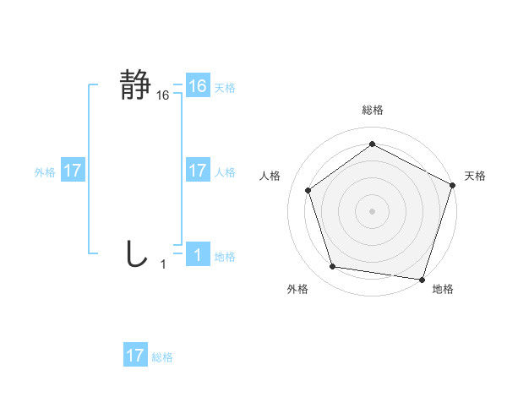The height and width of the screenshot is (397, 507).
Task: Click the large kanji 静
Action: (x=136, y=85)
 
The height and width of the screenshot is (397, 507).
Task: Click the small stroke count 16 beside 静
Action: (x=163, y=96)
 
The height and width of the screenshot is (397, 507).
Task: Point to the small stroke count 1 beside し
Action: (x=163, y=265)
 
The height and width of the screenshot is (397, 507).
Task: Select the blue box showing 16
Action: (x=198, y=86)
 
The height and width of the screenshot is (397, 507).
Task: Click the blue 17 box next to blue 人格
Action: (x=198, y=171)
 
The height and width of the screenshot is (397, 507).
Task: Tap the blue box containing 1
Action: (x=198, y=255)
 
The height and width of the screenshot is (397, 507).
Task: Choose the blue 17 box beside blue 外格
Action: (x=73, y=171)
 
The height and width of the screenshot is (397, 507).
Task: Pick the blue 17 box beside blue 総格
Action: (x=135, y=356)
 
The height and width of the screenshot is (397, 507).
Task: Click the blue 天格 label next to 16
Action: (x=225, y=88)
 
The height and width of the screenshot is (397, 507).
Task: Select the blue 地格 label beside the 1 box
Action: (x=225, y=257)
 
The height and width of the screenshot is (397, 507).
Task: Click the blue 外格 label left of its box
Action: (x=45, y=172)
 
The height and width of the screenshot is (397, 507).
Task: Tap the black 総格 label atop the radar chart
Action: (x=372, y=111)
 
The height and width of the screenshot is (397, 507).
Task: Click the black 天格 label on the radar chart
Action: (x=475, y=176)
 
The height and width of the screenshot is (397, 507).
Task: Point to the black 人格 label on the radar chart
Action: (x=270, y=176)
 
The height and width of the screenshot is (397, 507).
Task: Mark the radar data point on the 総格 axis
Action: (x=372, y=144)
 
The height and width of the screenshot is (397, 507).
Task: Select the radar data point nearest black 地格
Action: (x=422, y=279)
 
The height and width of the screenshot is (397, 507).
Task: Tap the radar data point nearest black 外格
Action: (x=333, y=267)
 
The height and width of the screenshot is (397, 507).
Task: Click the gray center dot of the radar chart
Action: (x=372, y=211)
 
